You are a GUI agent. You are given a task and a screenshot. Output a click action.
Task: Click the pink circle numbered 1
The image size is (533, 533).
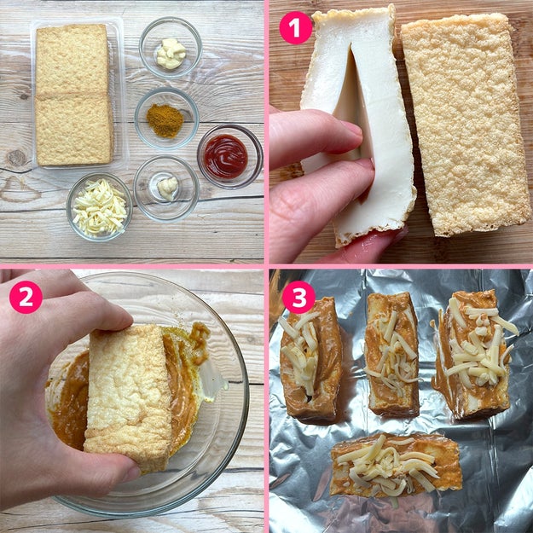pyautogui.click(x=295, y=28)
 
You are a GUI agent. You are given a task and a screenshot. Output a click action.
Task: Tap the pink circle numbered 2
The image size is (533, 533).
pyautogui.click(x=26, y=297)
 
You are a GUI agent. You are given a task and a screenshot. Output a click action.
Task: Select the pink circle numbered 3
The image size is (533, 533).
pyautogui.click(x=298, y=297)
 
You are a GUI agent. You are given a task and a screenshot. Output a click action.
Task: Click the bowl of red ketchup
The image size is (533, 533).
pyautogui.click(x=229, y=156)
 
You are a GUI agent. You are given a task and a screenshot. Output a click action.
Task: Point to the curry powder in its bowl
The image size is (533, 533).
pyautogui.click(x=165, y=120)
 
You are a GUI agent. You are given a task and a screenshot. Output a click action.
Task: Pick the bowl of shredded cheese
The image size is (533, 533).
pyautogui.click(x=99, y=207)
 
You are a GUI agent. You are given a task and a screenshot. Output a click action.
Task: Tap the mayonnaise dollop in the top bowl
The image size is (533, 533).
pyautogui.click(x=171, y=54)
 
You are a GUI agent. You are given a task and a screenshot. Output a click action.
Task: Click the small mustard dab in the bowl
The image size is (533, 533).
pyautogui.click(x=168, y=188)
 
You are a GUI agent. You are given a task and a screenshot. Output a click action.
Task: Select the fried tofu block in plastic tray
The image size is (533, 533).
pyautogui.click(x=73, y=95)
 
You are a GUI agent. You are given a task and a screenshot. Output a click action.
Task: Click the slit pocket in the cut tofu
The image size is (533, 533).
pyautogui.click(x=351, y=102)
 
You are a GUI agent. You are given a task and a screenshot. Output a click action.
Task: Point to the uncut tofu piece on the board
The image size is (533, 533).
pyautogui.click(x=466, y=124)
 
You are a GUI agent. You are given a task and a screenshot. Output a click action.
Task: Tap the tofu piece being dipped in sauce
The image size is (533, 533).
pyautogui.click(x=128, y=397)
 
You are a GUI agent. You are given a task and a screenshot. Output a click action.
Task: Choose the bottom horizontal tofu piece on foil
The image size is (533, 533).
pyautogui.click(x=397, y=465)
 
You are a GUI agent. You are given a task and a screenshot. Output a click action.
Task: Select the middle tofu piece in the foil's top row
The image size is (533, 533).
pyautogui.click(x=391, y=354)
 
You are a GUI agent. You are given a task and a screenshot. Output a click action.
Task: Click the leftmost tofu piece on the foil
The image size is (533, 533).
pyautogui.click(x=310, y=360)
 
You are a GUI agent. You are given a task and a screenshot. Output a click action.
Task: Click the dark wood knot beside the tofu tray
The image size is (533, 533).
pyautogui.click(x=17, y=159)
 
